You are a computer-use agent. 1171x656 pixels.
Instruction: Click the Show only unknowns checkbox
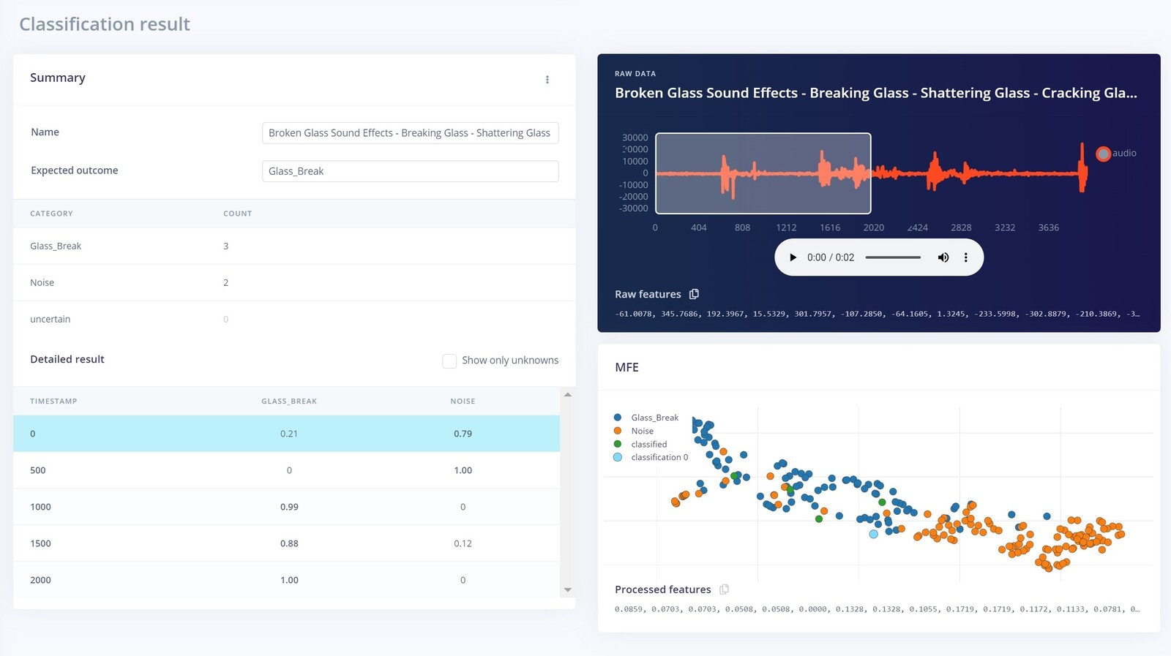coord(449,361)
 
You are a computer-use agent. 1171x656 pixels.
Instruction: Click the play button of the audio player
coord(793,257)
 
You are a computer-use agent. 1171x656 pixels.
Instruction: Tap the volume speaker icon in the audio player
coord(943,257)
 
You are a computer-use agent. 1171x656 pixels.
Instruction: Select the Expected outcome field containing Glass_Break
coord(410,171)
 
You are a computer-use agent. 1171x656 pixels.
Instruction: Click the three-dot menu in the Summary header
coord(547,80)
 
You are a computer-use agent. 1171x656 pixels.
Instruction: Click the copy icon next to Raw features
coord(694,294)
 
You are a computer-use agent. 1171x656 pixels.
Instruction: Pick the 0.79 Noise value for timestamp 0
coord(463,434)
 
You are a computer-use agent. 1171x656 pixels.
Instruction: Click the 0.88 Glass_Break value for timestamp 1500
coord(289,543)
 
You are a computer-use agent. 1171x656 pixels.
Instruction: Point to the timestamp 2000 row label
coord(41,580)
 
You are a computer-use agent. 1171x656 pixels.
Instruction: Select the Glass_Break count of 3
coord(226,246)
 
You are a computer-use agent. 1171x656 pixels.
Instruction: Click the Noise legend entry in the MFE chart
coord(642,431)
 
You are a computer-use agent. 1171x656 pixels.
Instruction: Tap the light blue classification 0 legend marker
coord(618,457)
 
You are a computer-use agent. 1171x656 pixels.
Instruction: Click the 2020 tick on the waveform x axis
coord(873,227)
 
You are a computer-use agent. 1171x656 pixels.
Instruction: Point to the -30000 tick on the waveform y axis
coord(634,208)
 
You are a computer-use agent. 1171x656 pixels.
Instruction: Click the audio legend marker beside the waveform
coord(1103,154)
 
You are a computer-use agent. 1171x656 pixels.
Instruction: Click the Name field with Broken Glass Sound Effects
coord(410,133)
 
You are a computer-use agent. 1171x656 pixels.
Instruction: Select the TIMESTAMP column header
coord(53,401)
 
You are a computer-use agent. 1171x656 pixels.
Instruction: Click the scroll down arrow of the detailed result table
coord(568,589)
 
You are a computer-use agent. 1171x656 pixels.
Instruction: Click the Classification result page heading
coord(105,24)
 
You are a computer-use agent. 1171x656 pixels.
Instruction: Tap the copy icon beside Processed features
coord(724,589)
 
